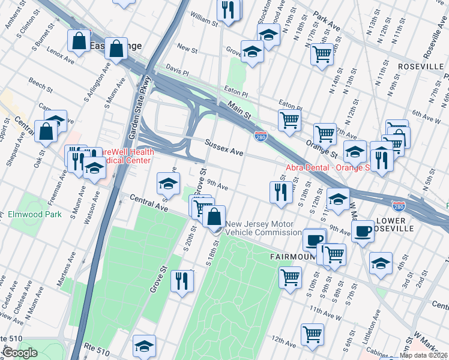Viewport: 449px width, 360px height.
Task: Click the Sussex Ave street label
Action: click(224, 149)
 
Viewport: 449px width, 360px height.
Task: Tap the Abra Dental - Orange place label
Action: click(327, 167)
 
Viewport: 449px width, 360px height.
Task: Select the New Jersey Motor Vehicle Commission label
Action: click(259, 228)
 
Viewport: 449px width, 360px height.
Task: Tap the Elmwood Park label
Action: click(35, 214)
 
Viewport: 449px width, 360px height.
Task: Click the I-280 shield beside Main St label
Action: click(261, 137)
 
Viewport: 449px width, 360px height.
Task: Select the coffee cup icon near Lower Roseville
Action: click(363, 231)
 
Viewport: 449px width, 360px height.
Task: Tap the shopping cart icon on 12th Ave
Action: click(313, 335)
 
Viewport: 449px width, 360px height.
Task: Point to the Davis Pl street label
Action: click(178, 71)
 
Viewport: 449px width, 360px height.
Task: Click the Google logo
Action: click(20, 353)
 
